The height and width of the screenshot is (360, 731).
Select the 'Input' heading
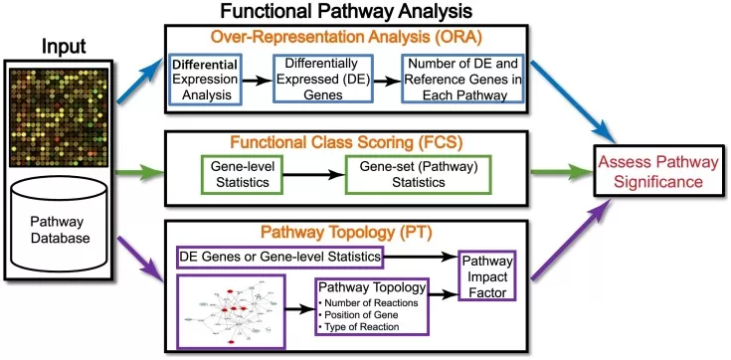coord(69,47)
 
